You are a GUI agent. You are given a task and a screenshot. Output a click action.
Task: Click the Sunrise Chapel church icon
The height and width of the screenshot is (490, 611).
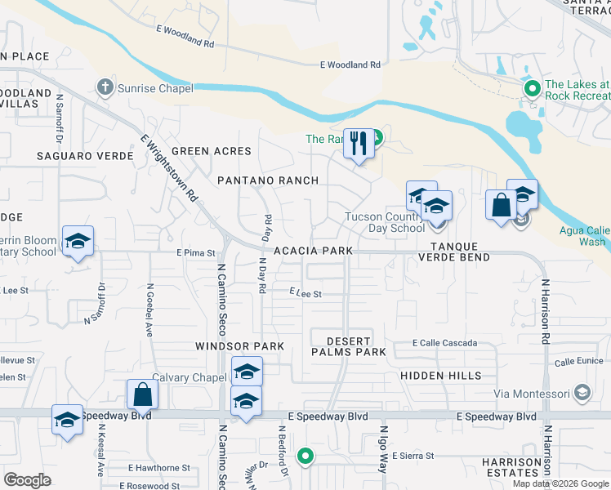click(104, 87)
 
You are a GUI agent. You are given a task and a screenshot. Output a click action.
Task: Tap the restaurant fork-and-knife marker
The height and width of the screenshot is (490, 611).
click(359, 145)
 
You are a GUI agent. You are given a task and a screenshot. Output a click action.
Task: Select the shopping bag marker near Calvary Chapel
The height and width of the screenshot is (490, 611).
click(142, 395)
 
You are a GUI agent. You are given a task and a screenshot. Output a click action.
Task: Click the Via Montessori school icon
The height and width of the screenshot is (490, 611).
click(582, 394)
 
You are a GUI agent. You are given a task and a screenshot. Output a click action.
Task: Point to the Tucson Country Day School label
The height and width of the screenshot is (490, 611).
click(385, 222)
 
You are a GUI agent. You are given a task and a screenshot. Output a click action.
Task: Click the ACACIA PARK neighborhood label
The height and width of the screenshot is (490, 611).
click(314, 251)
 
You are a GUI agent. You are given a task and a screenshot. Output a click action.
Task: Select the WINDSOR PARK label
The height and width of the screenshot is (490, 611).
click(239, 346)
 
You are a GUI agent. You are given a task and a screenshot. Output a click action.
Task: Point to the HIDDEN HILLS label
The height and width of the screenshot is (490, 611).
click(441, 375)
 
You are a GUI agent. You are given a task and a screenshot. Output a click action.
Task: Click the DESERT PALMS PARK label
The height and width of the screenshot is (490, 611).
click(348, 346)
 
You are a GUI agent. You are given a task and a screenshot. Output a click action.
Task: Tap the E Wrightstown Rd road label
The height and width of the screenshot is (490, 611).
click(170, 168)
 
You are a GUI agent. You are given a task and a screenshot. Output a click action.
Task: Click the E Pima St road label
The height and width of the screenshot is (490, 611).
click(194, 253)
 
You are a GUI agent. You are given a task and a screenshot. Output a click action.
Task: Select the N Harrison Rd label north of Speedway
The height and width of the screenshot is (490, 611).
click(546, 304)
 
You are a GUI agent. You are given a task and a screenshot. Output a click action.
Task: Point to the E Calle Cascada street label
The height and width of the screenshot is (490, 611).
click(444, 343)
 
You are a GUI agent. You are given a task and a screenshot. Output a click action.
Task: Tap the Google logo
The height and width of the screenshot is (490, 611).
click(27, 480)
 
